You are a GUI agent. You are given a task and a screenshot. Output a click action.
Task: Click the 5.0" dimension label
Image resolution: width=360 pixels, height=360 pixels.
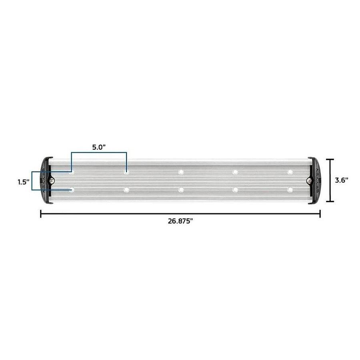[x=99, y=147]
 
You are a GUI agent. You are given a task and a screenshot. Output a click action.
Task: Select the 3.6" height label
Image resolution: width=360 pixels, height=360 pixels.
[x=341, y=180]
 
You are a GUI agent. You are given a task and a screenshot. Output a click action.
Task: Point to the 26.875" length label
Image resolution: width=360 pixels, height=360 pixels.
[x=180, y=222]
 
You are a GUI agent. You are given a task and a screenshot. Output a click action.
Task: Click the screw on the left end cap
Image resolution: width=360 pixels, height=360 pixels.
[x=52, y=180]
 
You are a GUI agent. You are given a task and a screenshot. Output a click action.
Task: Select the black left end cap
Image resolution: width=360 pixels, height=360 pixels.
[x=46, y=180]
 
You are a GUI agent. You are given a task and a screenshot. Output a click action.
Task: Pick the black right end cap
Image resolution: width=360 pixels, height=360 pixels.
[x=314, y=180]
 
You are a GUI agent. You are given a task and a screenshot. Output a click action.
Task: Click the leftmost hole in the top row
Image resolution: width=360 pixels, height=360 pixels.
[x=72, y=172]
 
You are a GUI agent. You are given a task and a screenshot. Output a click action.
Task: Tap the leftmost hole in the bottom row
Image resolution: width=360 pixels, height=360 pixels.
[x=72, y=190]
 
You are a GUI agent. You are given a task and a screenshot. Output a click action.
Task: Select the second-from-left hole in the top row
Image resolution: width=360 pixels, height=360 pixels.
[x=126, y=172]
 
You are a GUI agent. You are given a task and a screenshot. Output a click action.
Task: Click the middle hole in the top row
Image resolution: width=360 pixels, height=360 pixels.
[x=181, y=172]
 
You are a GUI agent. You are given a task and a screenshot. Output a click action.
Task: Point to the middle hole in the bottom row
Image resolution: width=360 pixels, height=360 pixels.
[x=181, y=190]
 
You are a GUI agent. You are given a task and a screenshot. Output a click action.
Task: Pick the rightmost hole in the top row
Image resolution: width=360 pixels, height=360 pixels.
[x=290, y=172]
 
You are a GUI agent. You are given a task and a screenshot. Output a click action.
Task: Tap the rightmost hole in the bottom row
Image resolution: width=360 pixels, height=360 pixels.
[x=290, y=190]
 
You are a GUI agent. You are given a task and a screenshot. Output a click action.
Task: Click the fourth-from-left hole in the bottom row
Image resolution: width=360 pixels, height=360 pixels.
[x=235, y=190]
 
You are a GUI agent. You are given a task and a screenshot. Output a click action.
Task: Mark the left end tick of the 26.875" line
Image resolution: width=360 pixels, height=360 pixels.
[x=41, y=214]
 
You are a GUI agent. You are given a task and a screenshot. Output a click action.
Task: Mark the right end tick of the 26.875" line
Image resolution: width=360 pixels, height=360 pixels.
[x=320, y=214]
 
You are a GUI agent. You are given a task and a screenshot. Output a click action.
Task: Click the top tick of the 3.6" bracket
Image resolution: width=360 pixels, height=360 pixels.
[x=330, y=159]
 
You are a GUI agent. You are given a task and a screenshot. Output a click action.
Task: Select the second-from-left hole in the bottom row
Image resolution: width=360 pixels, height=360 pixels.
[x=126, y=190]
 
